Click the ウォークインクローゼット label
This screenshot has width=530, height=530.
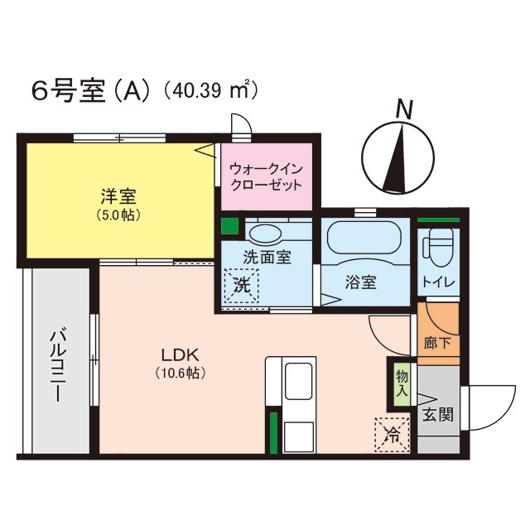click(266, 176)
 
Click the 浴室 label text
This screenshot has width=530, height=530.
click(360, 282)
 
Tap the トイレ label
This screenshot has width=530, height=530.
click(438, 282)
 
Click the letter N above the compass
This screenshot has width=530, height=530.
click(403, 108)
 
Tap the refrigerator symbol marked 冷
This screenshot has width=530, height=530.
click(392, 435)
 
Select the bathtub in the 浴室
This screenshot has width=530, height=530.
click(365, 240)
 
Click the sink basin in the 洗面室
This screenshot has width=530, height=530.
click(266, 233)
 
